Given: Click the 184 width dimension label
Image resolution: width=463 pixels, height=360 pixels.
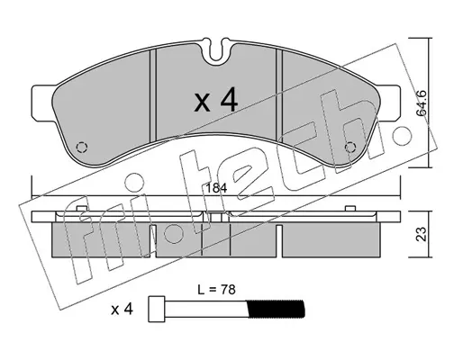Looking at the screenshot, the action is click(217, 189).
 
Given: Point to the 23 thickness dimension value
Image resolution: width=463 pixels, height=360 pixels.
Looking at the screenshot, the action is click(422, 234).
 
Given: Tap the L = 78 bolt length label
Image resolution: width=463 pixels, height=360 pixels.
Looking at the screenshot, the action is click(217, 290).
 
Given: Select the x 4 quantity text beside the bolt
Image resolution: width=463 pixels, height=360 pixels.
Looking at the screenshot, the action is click(122, 310).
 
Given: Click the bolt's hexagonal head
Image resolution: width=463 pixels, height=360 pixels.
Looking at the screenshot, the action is click(157, 310).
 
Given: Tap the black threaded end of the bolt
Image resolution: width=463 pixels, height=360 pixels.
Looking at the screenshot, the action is click(275, 310).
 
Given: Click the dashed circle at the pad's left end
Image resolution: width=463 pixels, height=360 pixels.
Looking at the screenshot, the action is click(82, 148).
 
